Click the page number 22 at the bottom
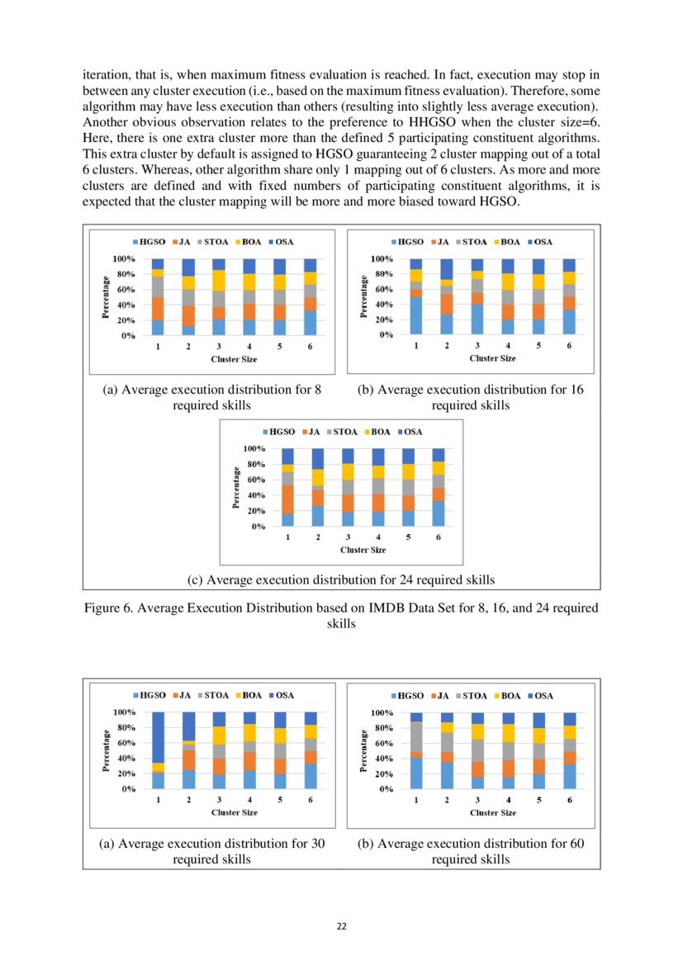click(341, 926)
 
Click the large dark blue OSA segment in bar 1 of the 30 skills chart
click(158, 736)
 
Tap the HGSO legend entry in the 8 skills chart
click(150, 243)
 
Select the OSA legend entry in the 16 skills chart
click(539, 242)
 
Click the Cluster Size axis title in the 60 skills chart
click(493, 813)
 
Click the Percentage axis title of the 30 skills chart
click(107, 750)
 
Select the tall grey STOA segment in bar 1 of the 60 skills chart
click(416, 737)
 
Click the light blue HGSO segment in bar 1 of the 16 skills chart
click(416, 316)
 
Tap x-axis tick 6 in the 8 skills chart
click(310, 348)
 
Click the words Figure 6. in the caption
click(109, 608)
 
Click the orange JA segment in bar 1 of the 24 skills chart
click(287, 499)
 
